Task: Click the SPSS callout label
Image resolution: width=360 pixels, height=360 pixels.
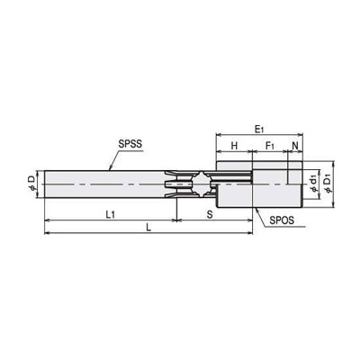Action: (x=130, y=144)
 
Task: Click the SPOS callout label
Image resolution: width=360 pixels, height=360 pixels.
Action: (x=282, y=220)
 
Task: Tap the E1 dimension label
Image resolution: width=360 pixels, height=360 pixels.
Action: (x=259, y=130)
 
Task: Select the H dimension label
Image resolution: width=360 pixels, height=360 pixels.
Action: (x=234, y=146)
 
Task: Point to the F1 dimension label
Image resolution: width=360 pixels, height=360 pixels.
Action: (x=270, y=146)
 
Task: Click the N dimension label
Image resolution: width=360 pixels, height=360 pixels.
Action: (x=295, y=146)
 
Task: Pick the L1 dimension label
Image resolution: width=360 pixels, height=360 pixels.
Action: (x=111, y=214)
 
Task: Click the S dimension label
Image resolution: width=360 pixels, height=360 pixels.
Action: (x=210, y=214)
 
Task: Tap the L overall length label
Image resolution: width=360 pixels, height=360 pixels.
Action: (x=148, y=228)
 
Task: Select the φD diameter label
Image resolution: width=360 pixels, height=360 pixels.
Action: (x=32, y=184)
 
